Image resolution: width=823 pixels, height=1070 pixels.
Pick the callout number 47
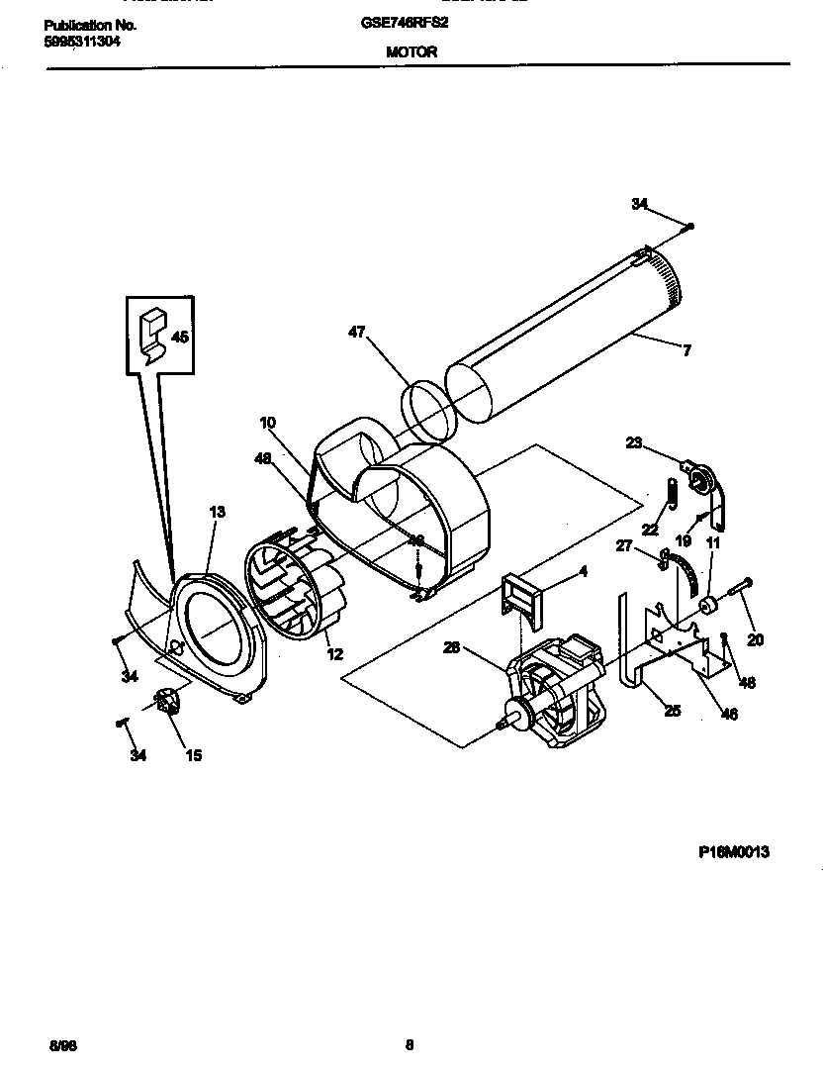pyautogui.click(x=357, y=333)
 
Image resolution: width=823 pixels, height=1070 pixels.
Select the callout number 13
pyautogui.click(x=217, y=512)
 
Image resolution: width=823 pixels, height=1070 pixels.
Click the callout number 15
pyautogui.click(x=193, y=755)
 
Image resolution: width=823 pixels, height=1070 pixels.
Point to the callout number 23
pyautogui.click(x=634, y=443)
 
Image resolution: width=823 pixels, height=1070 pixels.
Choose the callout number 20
pyautogui.click(x=755, y=640)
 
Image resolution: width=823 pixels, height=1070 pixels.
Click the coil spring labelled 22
pyautogui.click(x=671, y=491)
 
